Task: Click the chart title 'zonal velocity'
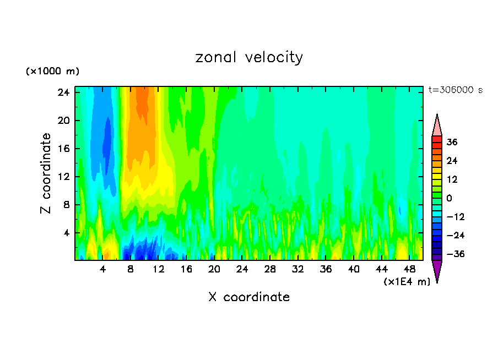pyautogui.click(x=249, y=57)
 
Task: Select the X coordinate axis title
pyautogui.click(x=249, y=297)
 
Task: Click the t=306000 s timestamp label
pyautogui.click(x=455, y=90)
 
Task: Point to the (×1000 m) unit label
pyautogui.click(x=52, y=72)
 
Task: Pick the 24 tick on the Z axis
pyautogui.click(x=63, y=92)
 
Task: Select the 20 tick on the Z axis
pyautogui.click(x=63, y=121)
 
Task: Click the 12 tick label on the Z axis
pyautogui.click(x=63, y=177)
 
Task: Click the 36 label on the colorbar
pyautogui.click(x=452, y=142)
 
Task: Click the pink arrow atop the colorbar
pyautogui.click(x=437, y=126)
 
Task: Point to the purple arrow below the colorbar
pyautogui.click(x=437, y=271)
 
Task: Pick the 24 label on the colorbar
pyautogui.click(x=452, y=161)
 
